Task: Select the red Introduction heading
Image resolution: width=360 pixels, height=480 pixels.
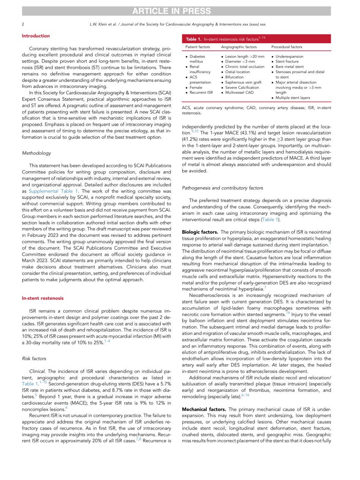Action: point(36,36)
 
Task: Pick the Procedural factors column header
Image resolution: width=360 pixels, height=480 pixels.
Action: point(288,47)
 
